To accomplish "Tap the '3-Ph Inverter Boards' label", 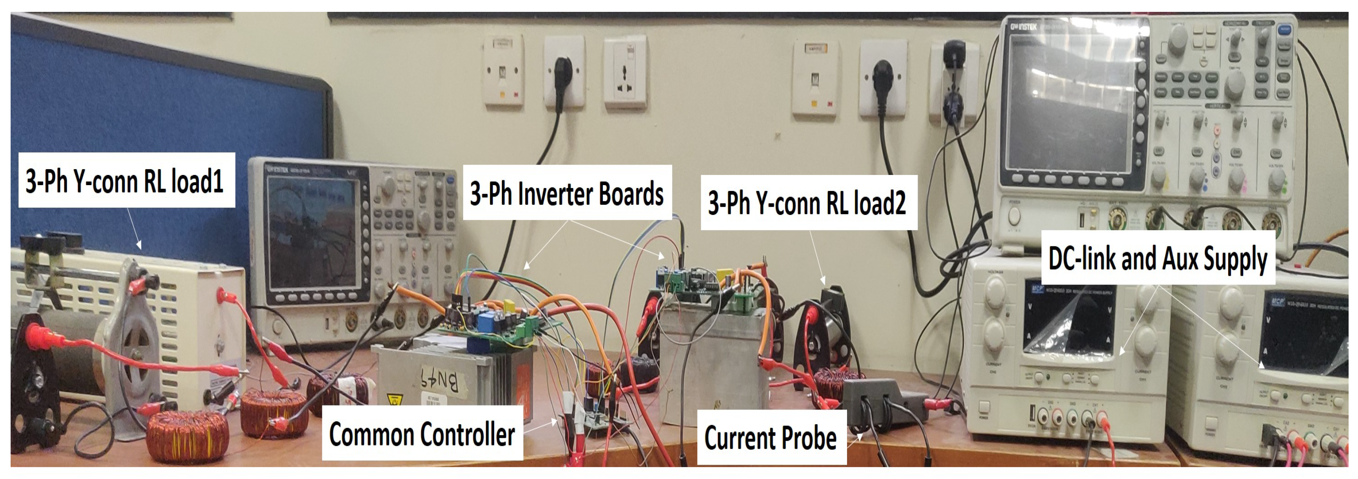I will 567,193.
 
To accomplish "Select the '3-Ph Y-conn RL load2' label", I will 807,203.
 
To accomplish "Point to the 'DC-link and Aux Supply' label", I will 1158,258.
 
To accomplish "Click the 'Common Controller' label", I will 422,434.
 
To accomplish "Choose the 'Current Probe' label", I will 770,438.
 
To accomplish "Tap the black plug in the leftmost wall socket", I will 563,71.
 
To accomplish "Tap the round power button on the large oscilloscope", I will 1013,216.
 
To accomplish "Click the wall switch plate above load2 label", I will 816,79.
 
